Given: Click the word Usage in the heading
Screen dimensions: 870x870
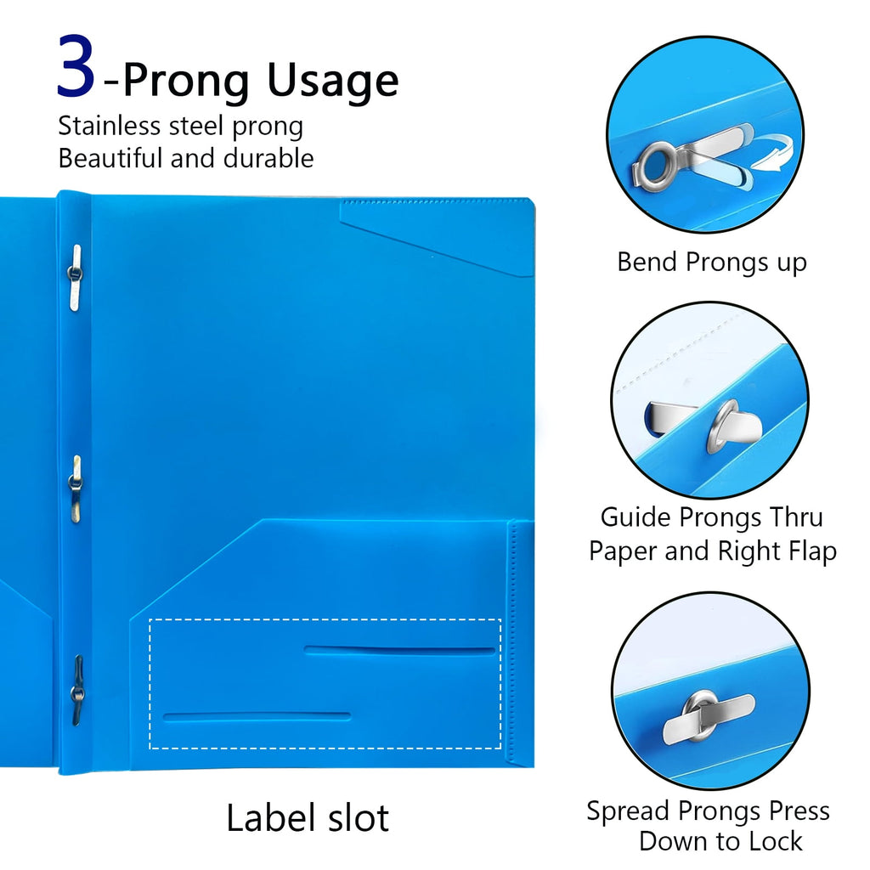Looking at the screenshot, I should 333,82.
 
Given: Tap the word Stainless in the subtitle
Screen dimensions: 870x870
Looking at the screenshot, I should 108,127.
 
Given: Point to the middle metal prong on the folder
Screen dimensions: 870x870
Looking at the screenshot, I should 76,487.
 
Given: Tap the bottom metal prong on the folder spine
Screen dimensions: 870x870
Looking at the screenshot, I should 77,690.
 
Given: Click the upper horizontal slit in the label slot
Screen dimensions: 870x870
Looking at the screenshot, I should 399,651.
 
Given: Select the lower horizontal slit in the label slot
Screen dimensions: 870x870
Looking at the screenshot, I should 257,716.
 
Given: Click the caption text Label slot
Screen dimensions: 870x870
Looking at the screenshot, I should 308,817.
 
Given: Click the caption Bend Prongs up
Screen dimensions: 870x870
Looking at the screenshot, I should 711,262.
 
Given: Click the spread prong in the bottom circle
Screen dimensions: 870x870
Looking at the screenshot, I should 707,710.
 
